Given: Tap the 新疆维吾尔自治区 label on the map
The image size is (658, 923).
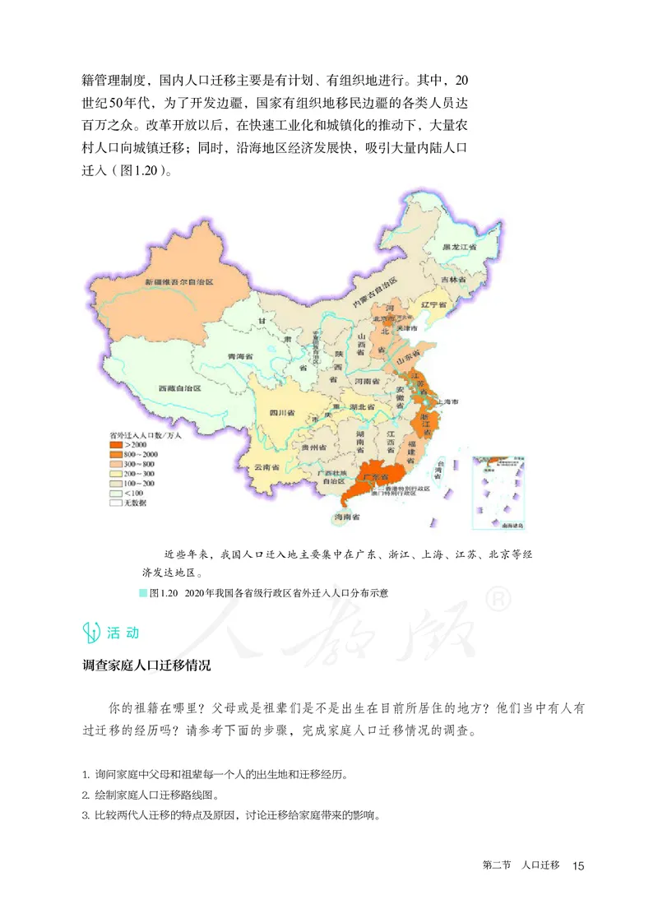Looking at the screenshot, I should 179,282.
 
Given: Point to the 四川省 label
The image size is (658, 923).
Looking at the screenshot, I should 281,410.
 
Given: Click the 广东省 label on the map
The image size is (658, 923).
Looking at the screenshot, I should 375,476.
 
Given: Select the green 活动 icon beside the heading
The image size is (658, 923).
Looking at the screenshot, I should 91,633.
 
